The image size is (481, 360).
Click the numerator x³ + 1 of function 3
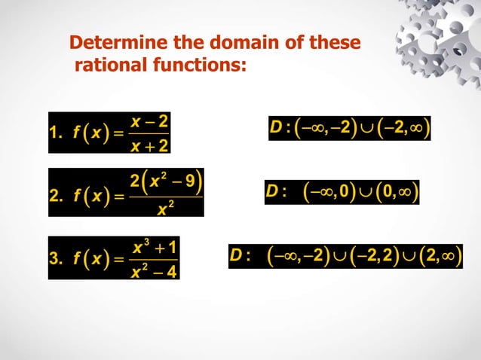pos(155,246)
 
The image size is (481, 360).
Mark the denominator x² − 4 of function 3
pos(155,270)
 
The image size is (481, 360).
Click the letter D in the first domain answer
pos(275,127)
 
